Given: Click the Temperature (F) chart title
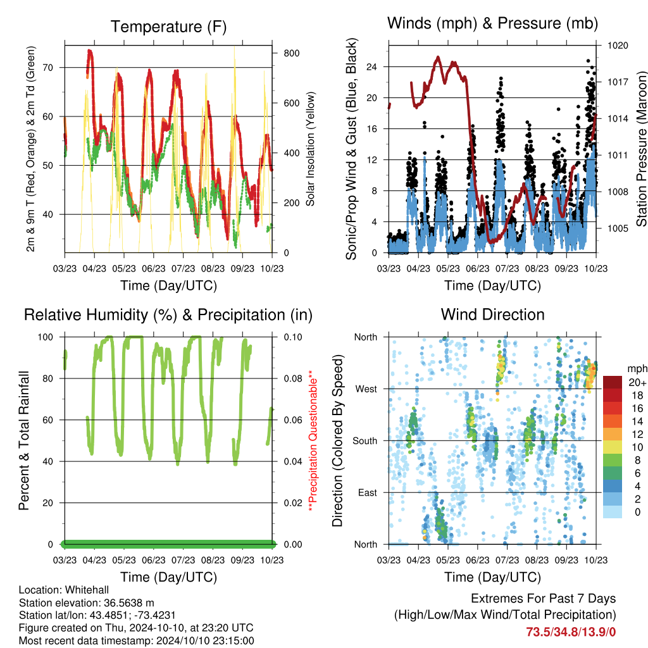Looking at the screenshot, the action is pos(168,27).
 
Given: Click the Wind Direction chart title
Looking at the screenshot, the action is pos(492,315).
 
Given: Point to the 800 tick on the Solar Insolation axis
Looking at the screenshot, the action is pos(291,53).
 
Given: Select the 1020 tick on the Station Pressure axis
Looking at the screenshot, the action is pos(618,46).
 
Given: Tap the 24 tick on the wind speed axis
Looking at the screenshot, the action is pos(371,67).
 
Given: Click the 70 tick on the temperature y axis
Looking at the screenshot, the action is pos(48,67).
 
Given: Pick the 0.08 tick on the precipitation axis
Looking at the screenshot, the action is pos(293,378).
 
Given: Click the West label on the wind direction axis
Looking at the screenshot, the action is pos(366,389).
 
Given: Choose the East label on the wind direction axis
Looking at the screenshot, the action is pos(368,492).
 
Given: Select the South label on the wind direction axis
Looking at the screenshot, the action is pos(365,441).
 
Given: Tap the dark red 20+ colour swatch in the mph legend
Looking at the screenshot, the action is pos(613,382).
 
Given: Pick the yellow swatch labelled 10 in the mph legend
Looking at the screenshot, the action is pos(613,447).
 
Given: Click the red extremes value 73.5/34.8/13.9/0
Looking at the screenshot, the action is pos(571,632).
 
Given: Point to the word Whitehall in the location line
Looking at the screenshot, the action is pos(87,590).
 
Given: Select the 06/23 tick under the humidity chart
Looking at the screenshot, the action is pos(154,560).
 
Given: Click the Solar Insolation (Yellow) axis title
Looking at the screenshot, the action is pos(310,149).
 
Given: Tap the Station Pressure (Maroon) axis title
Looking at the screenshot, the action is pos(642,149).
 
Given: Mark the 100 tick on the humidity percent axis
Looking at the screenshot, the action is pos(46,337).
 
